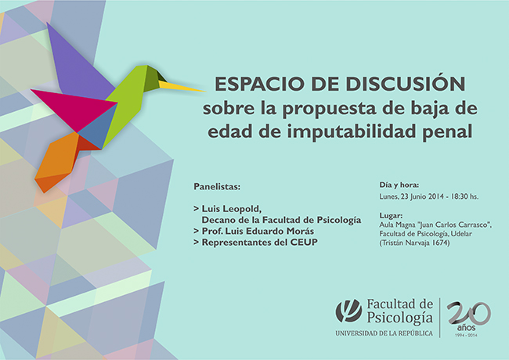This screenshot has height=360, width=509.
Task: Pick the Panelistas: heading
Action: point(217,187)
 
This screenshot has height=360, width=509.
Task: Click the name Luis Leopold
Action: point(232,208)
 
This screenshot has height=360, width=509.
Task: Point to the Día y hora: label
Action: point(399,185)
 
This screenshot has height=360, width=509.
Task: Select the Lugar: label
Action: point(391,216)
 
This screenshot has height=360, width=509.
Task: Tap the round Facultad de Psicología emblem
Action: point(348,311)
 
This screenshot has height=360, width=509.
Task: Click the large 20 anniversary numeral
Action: point(469,313)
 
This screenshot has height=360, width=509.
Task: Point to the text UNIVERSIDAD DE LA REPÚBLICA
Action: point(384,333)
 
